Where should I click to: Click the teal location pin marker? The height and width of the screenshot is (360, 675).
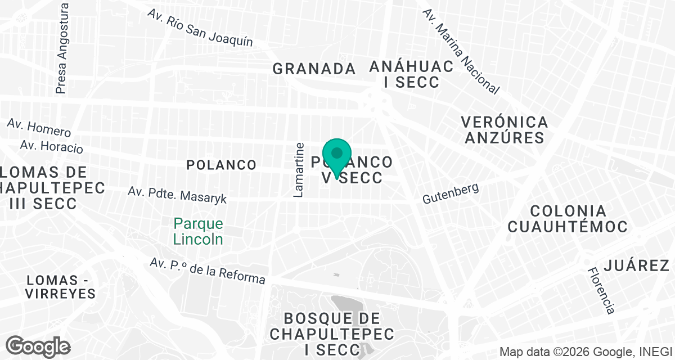pyautogui.click(x=337, y=157)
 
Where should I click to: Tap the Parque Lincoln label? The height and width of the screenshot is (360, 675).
pyautogui.click(x=198, y=231)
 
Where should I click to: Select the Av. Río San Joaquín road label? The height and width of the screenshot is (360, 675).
pyautogui.click(x=200, y=28)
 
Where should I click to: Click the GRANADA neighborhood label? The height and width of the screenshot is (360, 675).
pyautogui.click(x=314, y=69)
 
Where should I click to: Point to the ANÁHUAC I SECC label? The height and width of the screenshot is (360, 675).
pyautogui.click(x=411, y=74)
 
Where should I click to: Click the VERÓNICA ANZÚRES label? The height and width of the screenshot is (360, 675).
pyautogui.click(x=504, y=129)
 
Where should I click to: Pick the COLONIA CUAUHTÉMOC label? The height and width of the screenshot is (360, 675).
pyautogui.click(x=567, y=219)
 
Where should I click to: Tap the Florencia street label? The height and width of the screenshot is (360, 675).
pyautogui.click(x=601, y=290)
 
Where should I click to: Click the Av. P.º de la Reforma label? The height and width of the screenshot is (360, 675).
pyautogui.click(x=208, y=271)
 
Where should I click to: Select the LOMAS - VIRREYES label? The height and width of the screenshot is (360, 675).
pyautogui.click(x=60, y=286)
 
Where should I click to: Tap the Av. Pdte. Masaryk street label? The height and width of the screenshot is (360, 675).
pyautogui.click(x=177, y=195)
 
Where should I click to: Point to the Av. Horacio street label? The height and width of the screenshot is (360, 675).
pyautogui.click(x=51, y=146)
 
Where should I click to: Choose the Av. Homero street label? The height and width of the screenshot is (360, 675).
pyautogui.click(x=39, y=128)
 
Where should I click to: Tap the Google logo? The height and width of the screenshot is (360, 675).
pyautogui.click(x=38, y=346)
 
